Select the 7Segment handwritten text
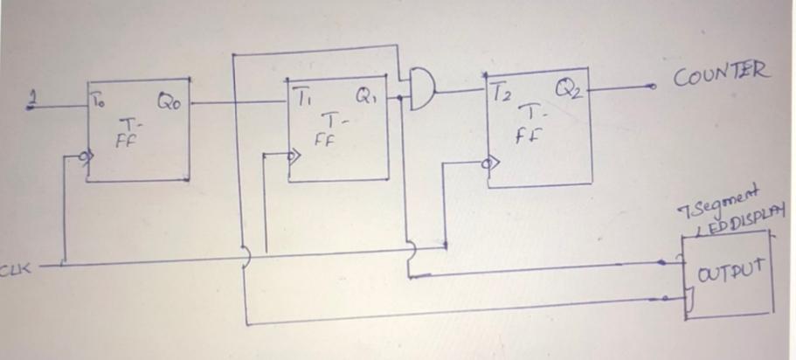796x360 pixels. pyautogui.click(x=710, y=197)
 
